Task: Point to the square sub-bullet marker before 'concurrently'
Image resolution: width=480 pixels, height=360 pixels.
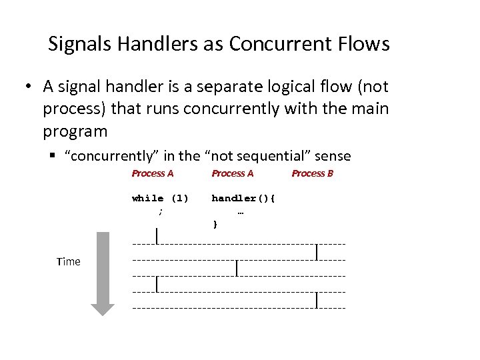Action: pyautogui.click(x=52, y=157)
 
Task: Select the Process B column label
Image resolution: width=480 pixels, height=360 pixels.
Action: pyautogui.click(x=312, y=174)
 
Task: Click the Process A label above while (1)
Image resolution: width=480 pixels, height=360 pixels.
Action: pyautogui.click(x=153, y=174)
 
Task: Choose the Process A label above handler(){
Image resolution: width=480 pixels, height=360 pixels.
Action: pyautogui.click(x=233, y=174)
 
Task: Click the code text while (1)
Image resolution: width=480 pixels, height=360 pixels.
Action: pyautogui.click(x=160, y=198)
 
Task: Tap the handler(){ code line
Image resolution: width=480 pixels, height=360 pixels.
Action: pyautogui.click(x=243, y=198)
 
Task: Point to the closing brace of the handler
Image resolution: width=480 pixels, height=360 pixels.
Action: pyautogui.click(x=215, y=225)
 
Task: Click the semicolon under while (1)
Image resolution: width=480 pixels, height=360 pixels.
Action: pyautogui.click(x=160, y=211)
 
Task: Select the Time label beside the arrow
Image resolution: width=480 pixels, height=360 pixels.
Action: pyautogui.click(x=69, y=262)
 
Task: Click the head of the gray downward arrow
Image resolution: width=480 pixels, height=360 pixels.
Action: pyautogui.click(x=103, y=309)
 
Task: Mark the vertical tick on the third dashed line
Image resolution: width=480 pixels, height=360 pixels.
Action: pyautogui.click(x=237, y=269)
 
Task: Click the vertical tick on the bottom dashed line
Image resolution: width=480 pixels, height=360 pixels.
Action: pyautogui.click(x=317, y=301)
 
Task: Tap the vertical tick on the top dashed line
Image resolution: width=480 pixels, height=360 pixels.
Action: pyautogui.click(x=157, y=236)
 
